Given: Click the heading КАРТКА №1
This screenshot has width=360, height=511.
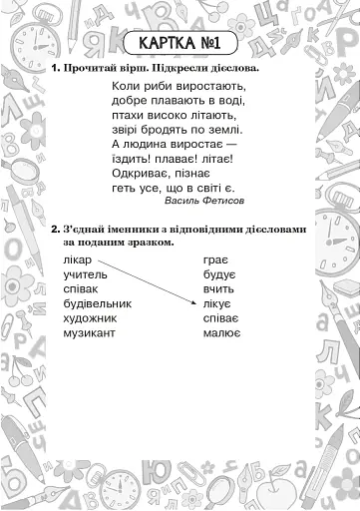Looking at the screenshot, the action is (x=180, y=44).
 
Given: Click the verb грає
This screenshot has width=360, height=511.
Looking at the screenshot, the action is (x=216, y=258).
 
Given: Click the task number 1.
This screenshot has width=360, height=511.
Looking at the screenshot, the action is (x=54, y=69).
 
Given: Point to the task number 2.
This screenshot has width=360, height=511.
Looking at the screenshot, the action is (x=55, y=229).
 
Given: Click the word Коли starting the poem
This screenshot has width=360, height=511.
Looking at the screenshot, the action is (x=116, y=86).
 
